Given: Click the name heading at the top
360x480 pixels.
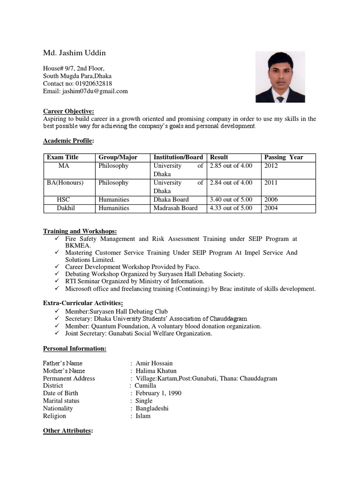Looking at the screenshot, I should [75, 52].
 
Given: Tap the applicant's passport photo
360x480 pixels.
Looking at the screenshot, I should [280, 77].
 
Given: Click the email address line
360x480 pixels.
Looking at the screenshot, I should [85, 91].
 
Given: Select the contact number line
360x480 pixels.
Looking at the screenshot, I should [77, 83].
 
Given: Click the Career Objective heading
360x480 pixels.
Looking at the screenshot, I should [68, 111].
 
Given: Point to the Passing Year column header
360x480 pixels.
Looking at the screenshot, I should [284, 157].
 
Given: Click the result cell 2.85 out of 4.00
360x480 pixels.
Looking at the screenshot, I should [231, 166].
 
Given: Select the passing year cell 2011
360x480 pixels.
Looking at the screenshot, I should [271, 183].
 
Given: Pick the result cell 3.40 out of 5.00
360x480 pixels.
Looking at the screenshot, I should [231, 200].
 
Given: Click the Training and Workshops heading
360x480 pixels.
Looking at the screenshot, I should [80, 231].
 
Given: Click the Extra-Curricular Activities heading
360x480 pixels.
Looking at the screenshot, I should [83, 303].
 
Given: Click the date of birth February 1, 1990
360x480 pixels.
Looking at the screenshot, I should [158, 393].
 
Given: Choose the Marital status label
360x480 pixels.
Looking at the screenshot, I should [61, 401].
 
